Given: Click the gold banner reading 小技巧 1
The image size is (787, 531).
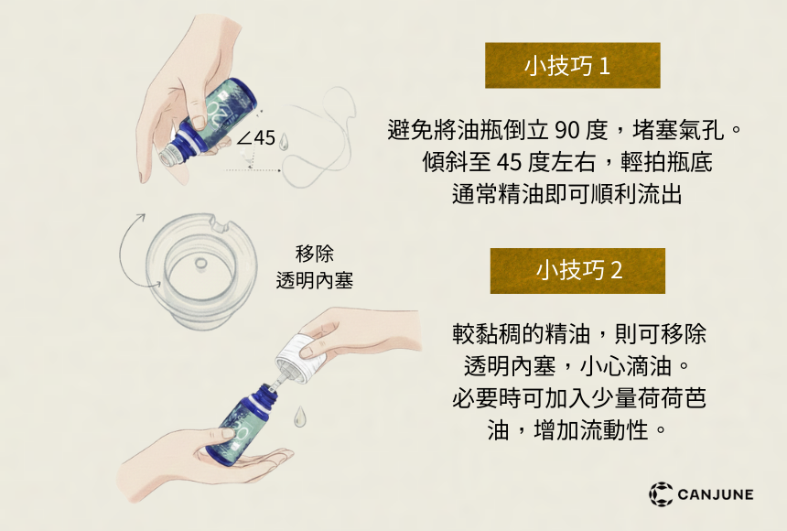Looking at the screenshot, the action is coord(572,65).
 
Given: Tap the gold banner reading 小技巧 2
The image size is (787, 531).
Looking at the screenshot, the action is coord(577,271).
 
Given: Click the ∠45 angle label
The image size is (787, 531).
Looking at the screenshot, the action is coord(256,137).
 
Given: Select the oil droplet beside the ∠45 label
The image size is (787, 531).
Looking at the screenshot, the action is coord(284,142).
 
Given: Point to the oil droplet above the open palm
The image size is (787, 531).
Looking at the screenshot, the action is coord(299,417).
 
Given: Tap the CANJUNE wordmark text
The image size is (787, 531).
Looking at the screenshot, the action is coord(716,494).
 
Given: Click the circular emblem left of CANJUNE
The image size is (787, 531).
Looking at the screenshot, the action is coord(661,493).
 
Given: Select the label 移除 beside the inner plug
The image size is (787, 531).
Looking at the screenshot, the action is coord(314,254).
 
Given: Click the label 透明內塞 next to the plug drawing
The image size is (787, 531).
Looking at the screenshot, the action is coord(314,280).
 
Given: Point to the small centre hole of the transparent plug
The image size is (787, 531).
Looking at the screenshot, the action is coord(200,264).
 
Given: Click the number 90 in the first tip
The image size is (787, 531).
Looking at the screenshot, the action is coord(567,130).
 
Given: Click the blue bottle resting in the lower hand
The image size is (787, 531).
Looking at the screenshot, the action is coord(241,425).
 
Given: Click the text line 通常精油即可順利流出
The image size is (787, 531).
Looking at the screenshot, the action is coord(567,194).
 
